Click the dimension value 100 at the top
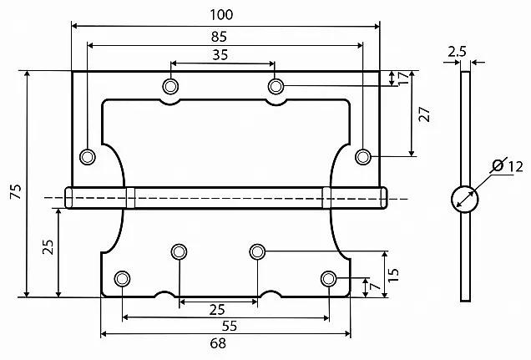(x=222, y=14)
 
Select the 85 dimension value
(x=222, y=37)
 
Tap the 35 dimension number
(x=222, y=55)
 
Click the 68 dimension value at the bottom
(x=223, y=343)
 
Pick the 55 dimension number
(x=223, y=326)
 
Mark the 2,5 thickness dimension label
(x=457, y=52)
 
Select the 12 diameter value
(x=514, y=167)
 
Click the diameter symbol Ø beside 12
(x=498, y=166)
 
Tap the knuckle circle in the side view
(x=464, y=199)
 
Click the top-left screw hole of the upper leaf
(x=171, y=85)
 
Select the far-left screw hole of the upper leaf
(x=87, y=156)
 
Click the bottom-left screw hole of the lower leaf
(x=123, y=278)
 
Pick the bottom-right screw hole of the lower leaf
(x=329, y=278)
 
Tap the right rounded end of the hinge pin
(x=383, y=198)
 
